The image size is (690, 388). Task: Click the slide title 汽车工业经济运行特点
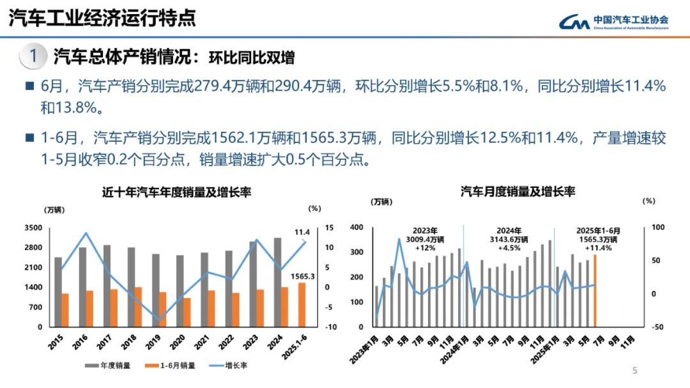tap(102, 19)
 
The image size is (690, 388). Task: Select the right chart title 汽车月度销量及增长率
tap(517, 191)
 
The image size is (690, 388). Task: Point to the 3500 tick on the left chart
tap(33, 228)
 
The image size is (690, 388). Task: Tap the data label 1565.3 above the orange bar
tap(303, 276)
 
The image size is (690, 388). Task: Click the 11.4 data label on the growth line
tap(302, 232)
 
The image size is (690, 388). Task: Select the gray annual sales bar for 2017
tap(107, 286)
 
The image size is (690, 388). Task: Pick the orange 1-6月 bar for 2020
tap(187, 312)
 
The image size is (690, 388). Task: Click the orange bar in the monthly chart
tap(595, 290)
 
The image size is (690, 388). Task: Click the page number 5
tap(634, 371)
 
